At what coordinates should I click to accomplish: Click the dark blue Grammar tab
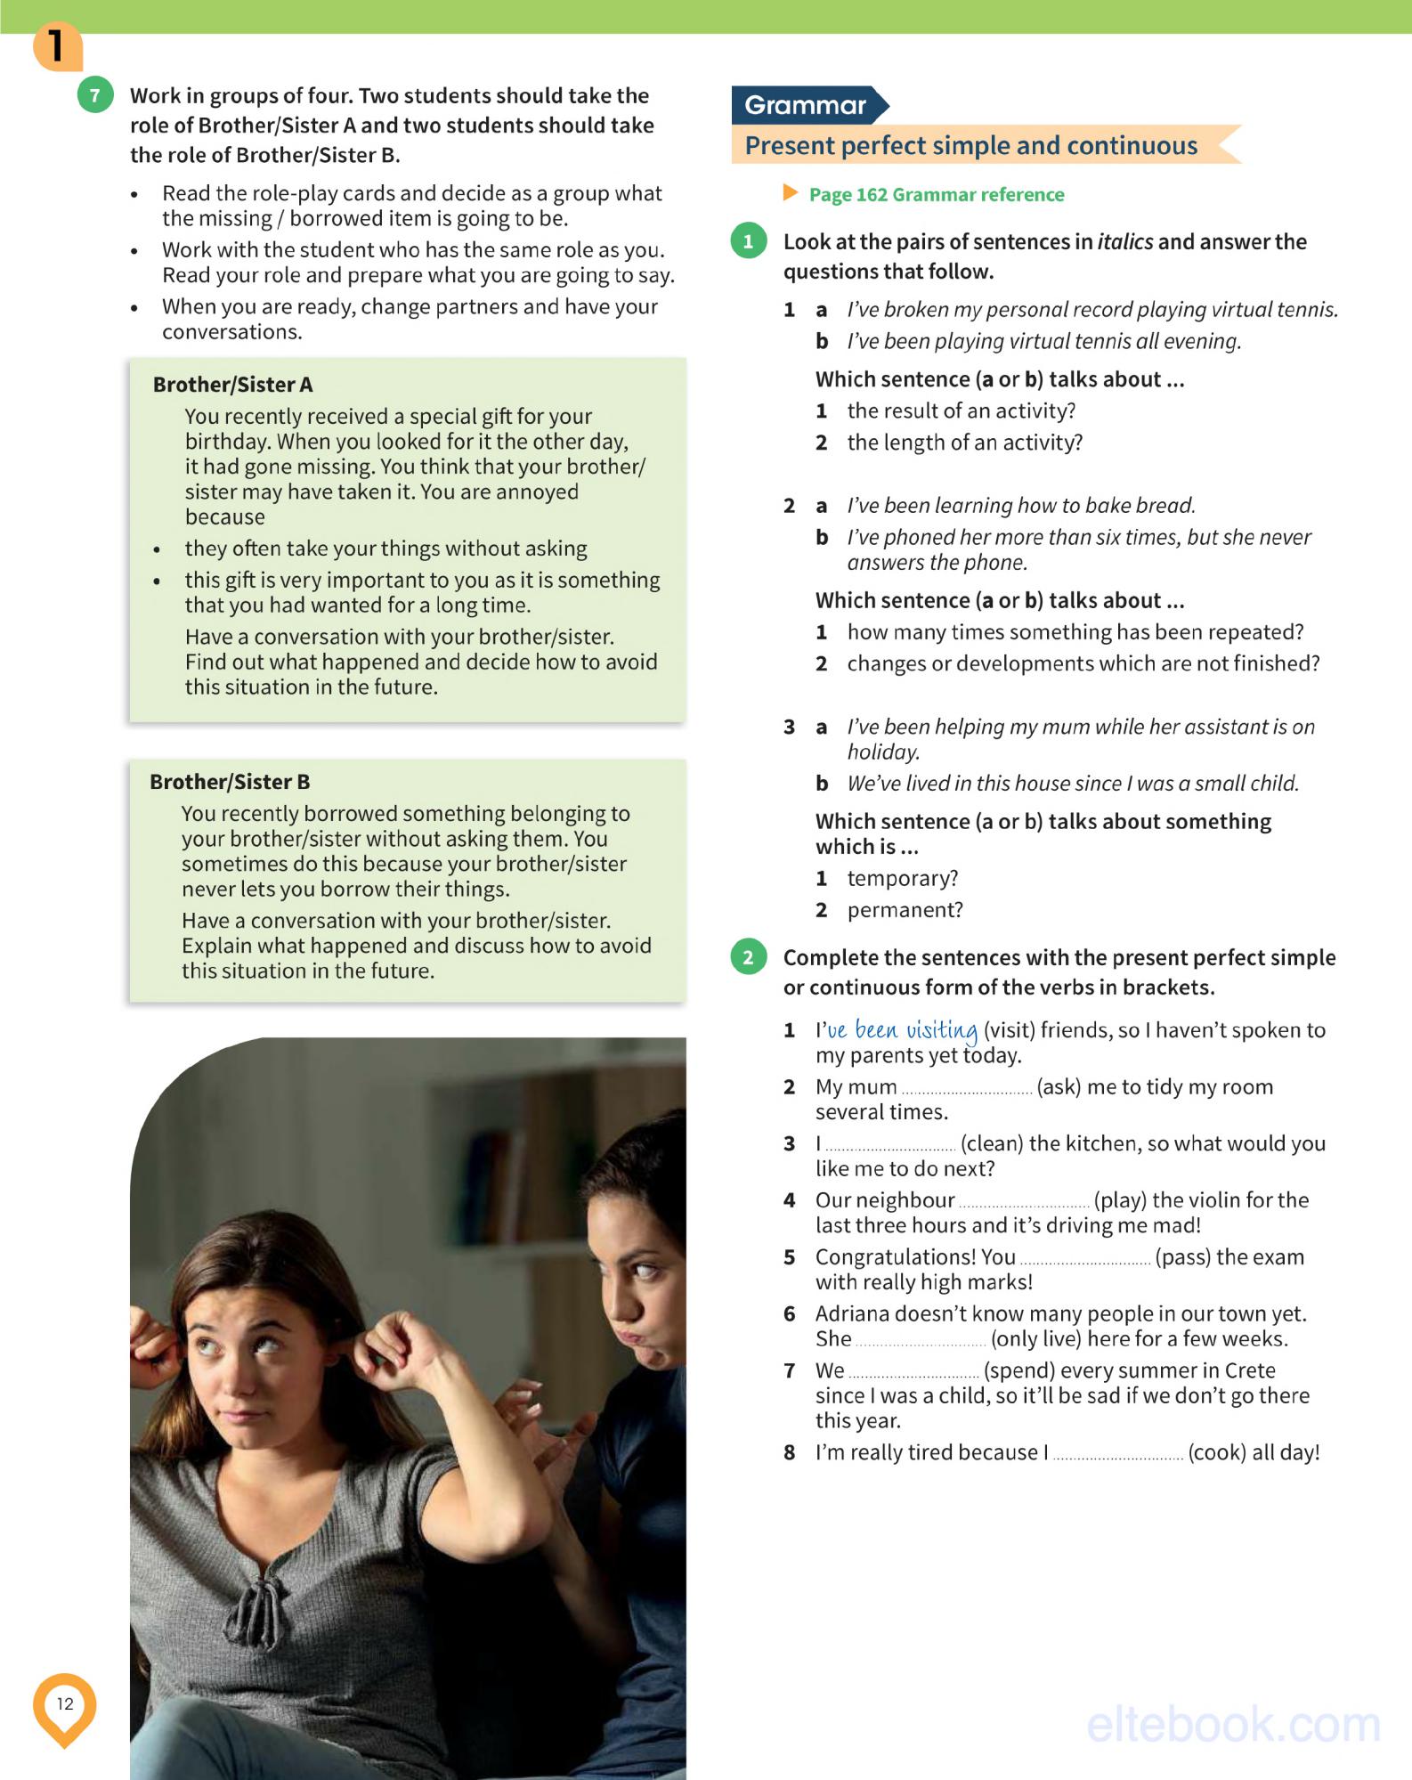point(806,105)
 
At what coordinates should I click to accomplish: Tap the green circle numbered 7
point(95,95)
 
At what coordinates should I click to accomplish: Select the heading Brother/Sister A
point(232,385)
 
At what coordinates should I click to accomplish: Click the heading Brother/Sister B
point(230,782)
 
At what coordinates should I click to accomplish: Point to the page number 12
point(65,1703)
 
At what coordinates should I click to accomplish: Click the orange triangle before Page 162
point(790,193)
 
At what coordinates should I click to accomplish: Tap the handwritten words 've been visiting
point(902,1030)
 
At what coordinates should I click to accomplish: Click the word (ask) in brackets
point(1059,1087)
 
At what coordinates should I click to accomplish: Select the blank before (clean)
point(889,1145)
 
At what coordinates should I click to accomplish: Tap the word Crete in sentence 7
point(1250,1370)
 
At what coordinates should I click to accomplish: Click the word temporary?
point(902,879)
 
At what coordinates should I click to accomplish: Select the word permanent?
point(905,910)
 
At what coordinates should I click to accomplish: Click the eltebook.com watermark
point(1233,1725)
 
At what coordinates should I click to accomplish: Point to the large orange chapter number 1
point(56,46)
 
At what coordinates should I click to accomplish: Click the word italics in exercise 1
point(1124,242)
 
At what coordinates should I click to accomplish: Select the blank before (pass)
point(1084,1258)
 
